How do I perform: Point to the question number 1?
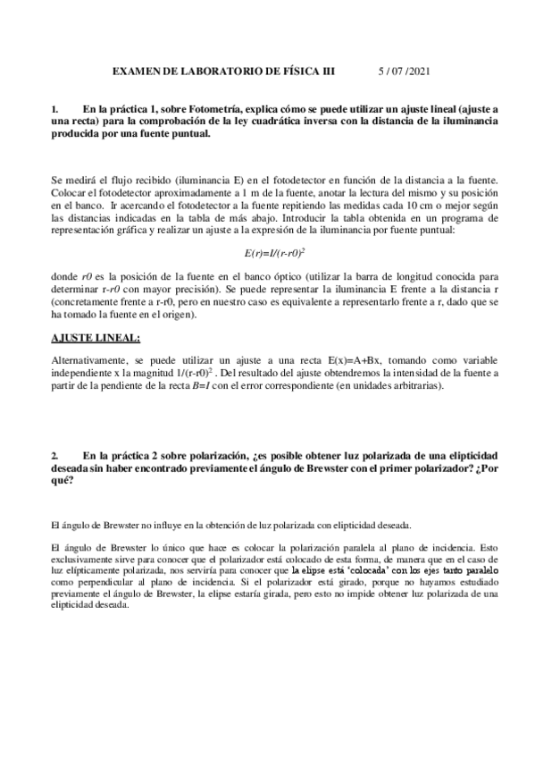[x=55, y=109]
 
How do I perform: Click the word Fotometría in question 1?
[x=216, y=109]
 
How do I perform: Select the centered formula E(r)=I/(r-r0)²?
[x=268, y=253]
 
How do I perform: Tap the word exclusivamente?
[x=86, y=557]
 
